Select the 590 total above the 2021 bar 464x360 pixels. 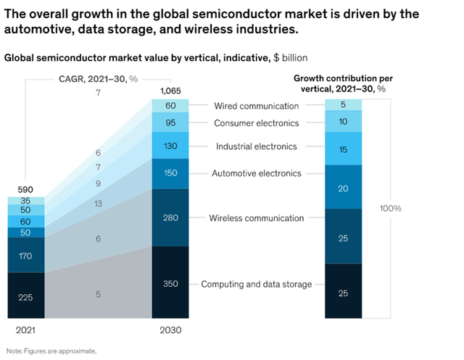[x=25, y=189]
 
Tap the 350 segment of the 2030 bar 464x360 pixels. [x=170, y=283]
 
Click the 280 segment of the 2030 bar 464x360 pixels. [x=170, y=217]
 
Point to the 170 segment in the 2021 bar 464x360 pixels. [x=25, y=255]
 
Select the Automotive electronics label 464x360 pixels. [x=256, y=174]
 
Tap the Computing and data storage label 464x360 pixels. [x=256, y=284]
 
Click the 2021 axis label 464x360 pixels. [x=25, y=330]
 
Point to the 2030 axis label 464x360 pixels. [x=170, y=330]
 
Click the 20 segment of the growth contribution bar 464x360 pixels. [x=344, y=187]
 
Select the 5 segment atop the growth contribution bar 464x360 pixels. [x=344, y=105]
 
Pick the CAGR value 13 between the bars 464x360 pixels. [x=98, y=204]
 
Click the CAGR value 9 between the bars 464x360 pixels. [x=98, y=184]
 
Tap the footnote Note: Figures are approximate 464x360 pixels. [x=51, y=351]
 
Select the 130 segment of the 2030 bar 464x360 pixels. [x=170, y=146]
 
